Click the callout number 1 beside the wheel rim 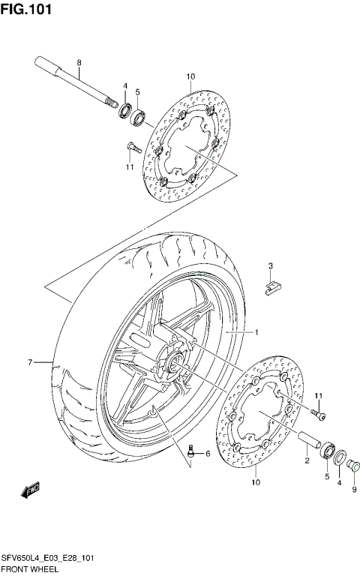click(x=254, y=331)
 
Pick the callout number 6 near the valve click(x=208, y=454)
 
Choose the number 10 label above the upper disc click(x=190, y=76)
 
